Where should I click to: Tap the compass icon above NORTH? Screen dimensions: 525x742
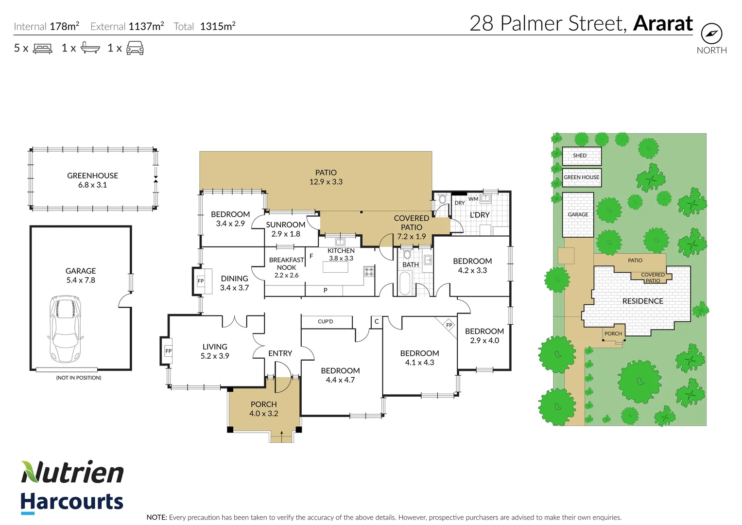[711, 34]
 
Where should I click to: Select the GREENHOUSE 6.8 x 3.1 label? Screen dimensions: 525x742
[92, 180]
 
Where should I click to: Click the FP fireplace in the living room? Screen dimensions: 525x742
[168, 351]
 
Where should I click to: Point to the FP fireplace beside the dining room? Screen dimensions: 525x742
[200, 281]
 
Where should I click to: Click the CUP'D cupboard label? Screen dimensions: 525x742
[326, 321]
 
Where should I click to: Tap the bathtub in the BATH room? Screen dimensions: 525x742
[404, 283]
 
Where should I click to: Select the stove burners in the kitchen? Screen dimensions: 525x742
[369, 272]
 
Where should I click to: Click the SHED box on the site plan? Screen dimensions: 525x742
[581, 156]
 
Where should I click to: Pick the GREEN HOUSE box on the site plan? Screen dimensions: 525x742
[581, 177]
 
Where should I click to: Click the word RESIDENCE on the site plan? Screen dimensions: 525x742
[642, 301]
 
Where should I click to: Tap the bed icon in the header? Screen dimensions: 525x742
[42, 48]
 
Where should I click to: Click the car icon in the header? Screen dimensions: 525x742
[135, 48]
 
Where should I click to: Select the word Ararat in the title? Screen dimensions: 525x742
[663, 23]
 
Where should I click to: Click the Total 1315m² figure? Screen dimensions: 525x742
[217, 26]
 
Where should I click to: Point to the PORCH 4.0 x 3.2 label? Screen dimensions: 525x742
[263, 409]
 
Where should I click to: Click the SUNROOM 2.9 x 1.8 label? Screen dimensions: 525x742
[285, 229]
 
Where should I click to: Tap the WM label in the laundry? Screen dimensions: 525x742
[473, 199]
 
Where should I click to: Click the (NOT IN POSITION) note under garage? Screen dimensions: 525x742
[79, 378]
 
